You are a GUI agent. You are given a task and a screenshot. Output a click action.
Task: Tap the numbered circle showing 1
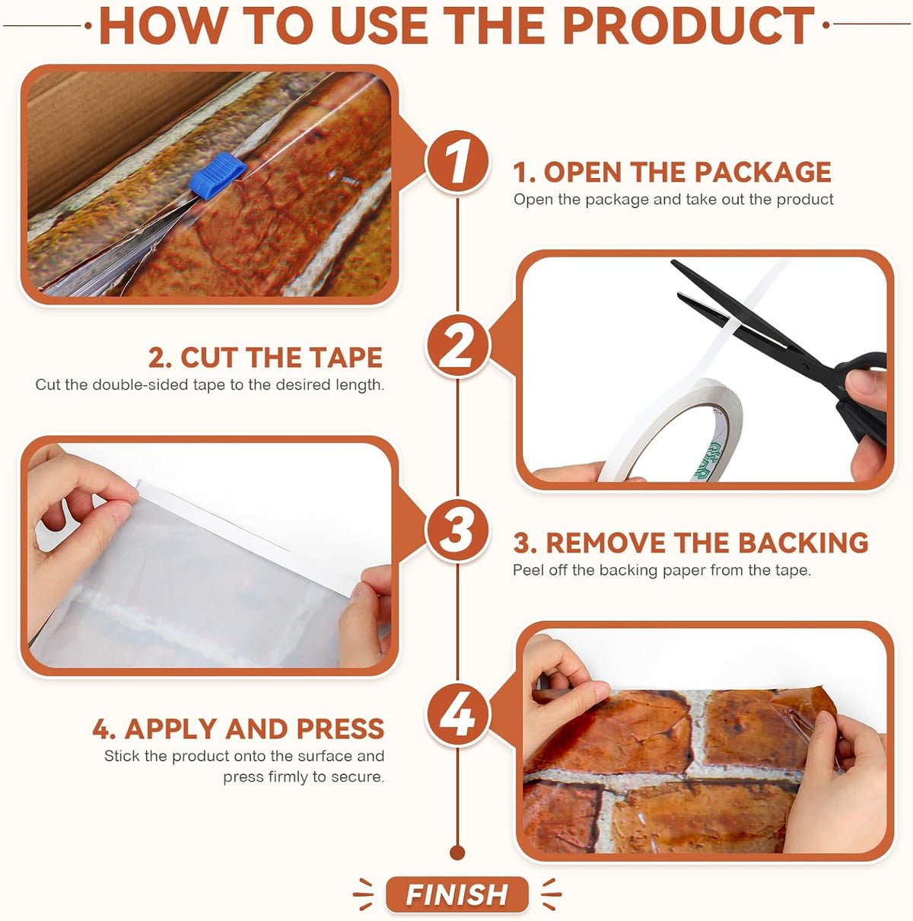458,162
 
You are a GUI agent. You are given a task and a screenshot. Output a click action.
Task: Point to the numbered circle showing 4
458,715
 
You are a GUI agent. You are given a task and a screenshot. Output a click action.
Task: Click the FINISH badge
456,894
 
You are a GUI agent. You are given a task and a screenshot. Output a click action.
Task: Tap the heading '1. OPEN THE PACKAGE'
673,172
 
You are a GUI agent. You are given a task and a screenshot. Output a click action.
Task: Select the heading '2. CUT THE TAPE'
266,358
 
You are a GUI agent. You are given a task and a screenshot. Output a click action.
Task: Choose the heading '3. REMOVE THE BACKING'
691,543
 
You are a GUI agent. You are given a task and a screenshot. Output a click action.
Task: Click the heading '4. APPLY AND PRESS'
238,729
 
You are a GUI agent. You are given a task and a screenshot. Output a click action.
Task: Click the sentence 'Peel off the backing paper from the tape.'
662,570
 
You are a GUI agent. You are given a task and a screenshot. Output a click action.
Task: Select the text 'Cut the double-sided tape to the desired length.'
210,384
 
